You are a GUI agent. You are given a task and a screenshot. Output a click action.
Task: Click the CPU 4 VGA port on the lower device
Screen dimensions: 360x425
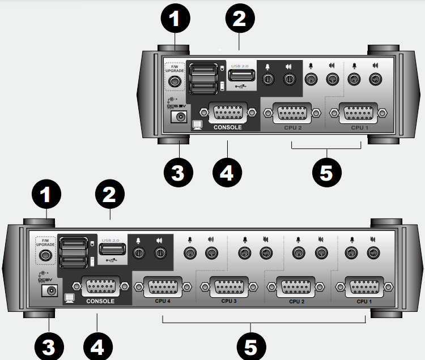pos(163,287)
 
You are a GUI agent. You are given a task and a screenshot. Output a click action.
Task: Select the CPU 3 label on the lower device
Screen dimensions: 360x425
pos(228,301)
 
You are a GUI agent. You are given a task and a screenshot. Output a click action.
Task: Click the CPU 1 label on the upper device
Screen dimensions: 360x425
pos(358,127)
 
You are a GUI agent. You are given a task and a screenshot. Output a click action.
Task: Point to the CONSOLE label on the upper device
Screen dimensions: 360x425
pos(228,127)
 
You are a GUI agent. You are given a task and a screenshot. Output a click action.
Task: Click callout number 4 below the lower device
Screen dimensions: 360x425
pos(98,345)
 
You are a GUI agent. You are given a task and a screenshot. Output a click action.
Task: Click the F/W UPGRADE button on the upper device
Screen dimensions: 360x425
pos(175,82)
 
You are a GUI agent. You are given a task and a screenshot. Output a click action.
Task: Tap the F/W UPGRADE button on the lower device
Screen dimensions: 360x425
pos(43,255)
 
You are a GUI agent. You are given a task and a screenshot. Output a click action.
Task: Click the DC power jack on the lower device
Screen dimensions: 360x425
pos(51,291)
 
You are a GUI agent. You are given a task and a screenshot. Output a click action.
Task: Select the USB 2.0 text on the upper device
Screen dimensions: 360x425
pos(240,67)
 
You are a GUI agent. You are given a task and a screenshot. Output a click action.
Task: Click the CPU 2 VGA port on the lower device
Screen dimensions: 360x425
pos(294,287)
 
